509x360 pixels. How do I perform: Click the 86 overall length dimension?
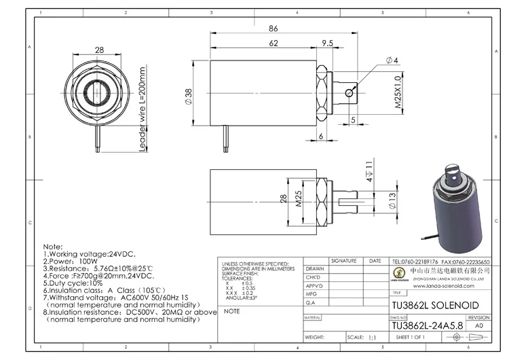point(274,29)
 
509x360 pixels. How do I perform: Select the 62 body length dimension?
point(273,43)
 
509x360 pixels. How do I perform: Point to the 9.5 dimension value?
point(326,43)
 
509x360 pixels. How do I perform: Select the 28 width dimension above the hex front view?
point(99,50)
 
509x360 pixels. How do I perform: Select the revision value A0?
point(478,325)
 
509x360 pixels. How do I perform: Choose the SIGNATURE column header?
point(343,261)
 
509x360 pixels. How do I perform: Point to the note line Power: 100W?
point(71,261)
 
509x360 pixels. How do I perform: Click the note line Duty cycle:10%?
point(73,283)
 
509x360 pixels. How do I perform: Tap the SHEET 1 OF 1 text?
point(410,337)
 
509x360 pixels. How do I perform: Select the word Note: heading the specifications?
point(52,246)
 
